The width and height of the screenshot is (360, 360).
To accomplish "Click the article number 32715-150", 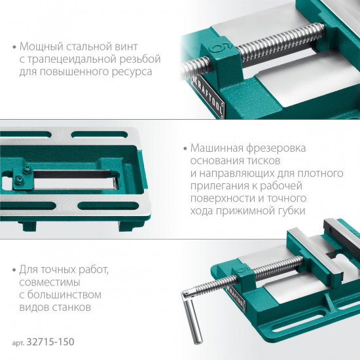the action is (50, 342).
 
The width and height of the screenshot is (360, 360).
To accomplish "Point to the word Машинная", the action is (217, 148).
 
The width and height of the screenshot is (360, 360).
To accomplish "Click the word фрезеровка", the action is (276, 149).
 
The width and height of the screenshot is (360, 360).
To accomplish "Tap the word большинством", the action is (64, 295).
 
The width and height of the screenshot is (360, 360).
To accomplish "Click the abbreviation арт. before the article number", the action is (18, 343).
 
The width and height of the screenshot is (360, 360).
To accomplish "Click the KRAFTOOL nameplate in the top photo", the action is (208, 97).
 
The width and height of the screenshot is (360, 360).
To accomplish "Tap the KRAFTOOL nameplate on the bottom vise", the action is (236, 298).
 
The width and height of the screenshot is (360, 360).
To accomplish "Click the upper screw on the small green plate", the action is (26, 170).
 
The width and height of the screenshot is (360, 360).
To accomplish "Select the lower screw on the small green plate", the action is (18, 180).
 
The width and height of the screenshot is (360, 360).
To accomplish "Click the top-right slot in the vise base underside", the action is (99, 135).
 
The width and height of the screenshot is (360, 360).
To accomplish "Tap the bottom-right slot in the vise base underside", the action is (109, 206).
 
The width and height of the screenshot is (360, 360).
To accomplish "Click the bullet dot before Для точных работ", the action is (14, 270).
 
